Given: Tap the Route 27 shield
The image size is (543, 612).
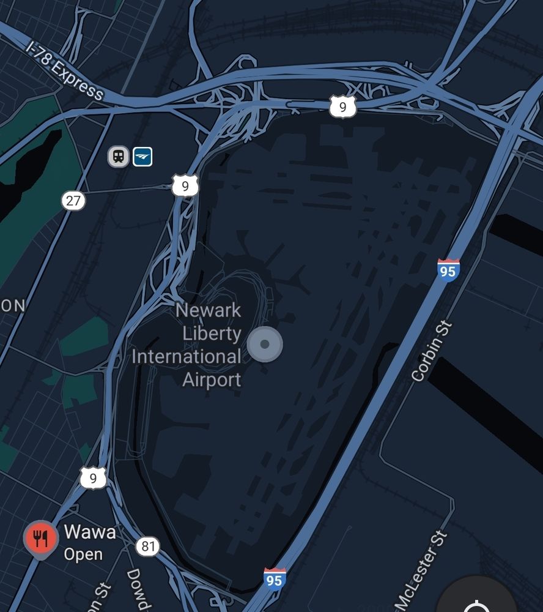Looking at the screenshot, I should pos(73,200).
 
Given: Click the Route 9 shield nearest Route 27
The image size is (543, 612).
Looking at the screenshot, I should pos(185,185).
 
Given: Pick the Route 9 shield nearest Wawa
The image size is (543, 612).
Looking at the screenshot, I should pos(93,477).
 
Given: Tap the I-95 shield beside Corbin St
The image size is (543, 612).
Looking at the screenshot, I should pos(448,269).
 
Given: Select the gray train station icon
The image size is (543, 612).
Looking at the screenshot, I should pos(119,156).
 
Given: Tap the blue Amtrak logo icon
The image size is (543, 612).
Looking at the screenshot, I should pos(142,156).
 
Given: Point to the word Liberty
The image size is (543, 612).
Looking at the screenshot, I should pos(212,334).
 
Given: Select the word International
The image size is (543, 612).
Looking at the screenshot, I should pos(187,357).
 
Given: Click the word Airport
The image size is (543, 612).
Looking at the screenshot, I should pos(212,379).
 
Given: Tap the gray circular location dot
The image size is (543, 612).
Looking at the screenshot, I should pos(265,345).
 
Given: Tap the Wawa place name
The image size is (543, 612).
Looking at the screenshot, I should pos(90,532).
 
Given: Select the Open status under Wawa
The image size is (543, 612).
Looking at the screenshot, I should pos(83,554).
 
